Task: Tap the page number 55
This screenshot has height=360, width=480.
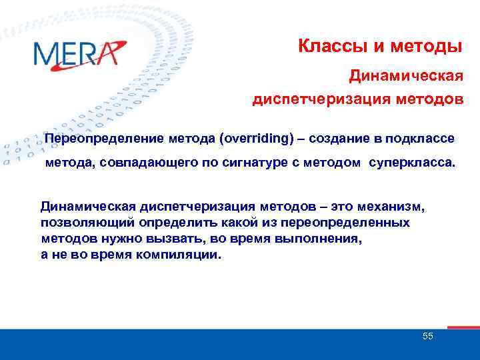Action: (x=427, y=336)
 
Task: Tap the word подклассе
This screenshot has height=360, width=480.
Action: (x=420, y=139)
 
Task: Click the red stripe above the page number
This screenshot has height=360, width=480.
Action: (x=463, y=327)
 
